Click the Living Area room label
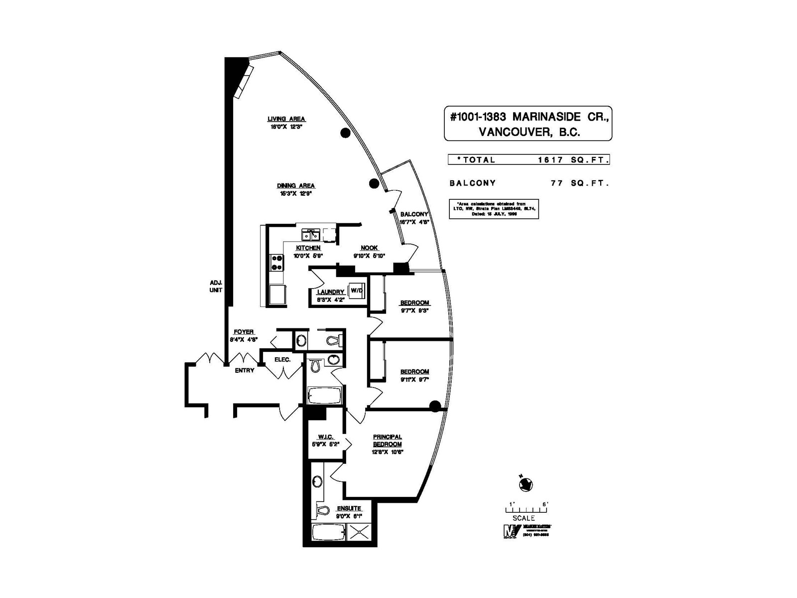coord(286,119)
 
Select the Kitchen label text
coord(308,248)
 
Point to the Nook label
coord(369,248)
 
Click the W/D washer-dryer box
coord(357,290)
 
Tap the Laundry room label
coord(331,292)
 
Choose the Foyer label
coord(244,332)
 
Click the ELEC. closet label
coord(282,359)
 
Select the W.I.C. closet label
coord(325,437)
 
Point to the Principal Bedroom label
coord(388,441)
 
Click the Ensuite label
coord(349,509)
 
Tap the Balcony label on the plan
coord(414,214)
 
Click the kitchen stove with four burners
coord(276,263)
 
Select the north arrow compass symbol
coord(526,484)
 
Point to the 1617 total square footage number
coord(550,160)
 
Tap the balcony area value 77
coord(557,183)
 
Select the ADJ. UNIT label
coord(216,286)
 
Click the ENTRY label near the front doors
coord(245,370)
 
